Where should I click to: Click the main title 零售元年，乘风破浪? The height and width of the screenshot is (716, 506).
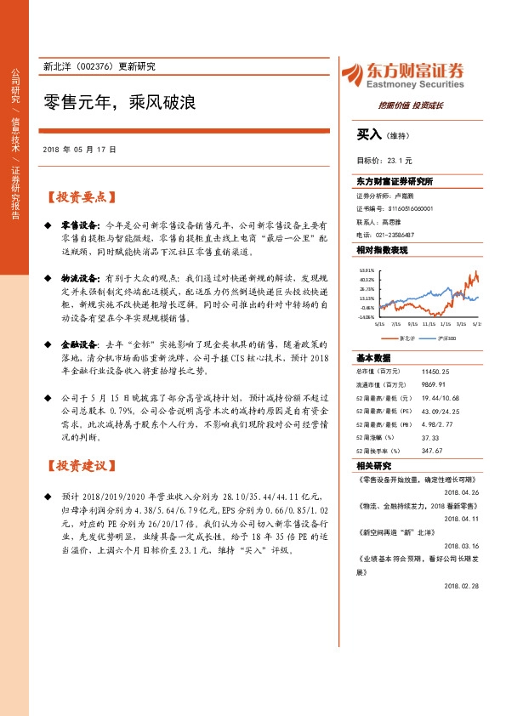click(120, 104)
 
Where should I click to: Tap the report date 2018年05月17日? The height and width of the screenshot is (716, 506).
click(79, 149)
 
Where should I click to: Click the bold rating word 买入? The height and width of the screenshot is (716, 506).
click(369, 134)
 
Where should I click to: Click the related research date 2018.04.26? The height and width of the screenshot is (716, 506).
click(462, 492)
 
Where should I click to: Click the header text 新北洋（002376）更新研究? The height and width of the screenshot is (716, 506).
click(99, 66)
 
